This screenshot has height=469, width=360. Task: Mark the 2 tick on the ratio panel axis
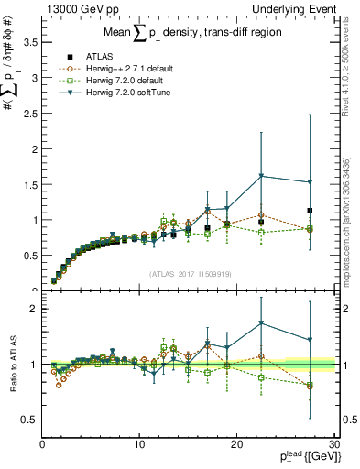tap(36, 309)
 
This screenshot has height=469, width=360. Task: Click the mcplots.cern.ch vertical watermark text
tap(351, 229)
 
